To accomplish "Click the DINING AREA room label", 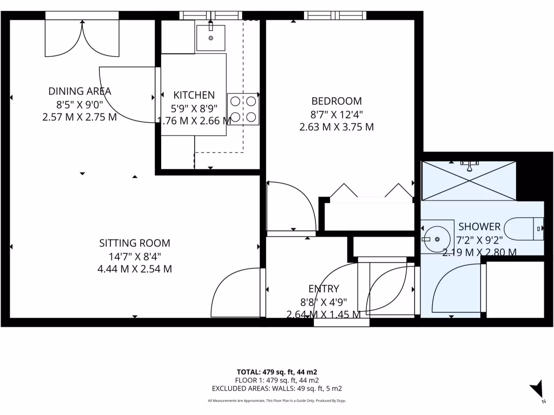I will (x=80, y=91).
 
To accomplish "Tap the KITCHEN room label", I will (x=194, y=95).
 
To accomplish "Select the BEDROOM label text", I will (x=336, y=101).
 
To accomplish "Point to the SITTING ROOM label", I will (x=134, y=243).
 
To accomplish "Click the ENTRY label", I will (x=324, y=289).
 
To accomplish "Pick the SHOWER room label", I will (x=479, y=226).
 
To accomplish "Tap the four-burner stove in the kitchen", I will (x=243, y=109).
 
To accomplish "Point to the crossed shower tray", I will (x=469, y=180).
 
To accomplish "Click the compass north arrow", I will (x=537, y=389).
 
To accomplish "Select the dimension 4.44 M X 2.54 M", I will (x=134, y=269).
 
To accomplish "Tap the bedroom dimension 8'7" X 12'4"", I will (x=336, y=115).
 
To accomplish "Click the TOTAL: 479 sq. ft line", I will (x=276, y=372).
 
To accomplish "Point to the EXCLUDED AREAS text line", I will (x=276, y=388).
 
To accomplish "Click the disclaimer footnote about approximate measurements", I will (x=276, y=400).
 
